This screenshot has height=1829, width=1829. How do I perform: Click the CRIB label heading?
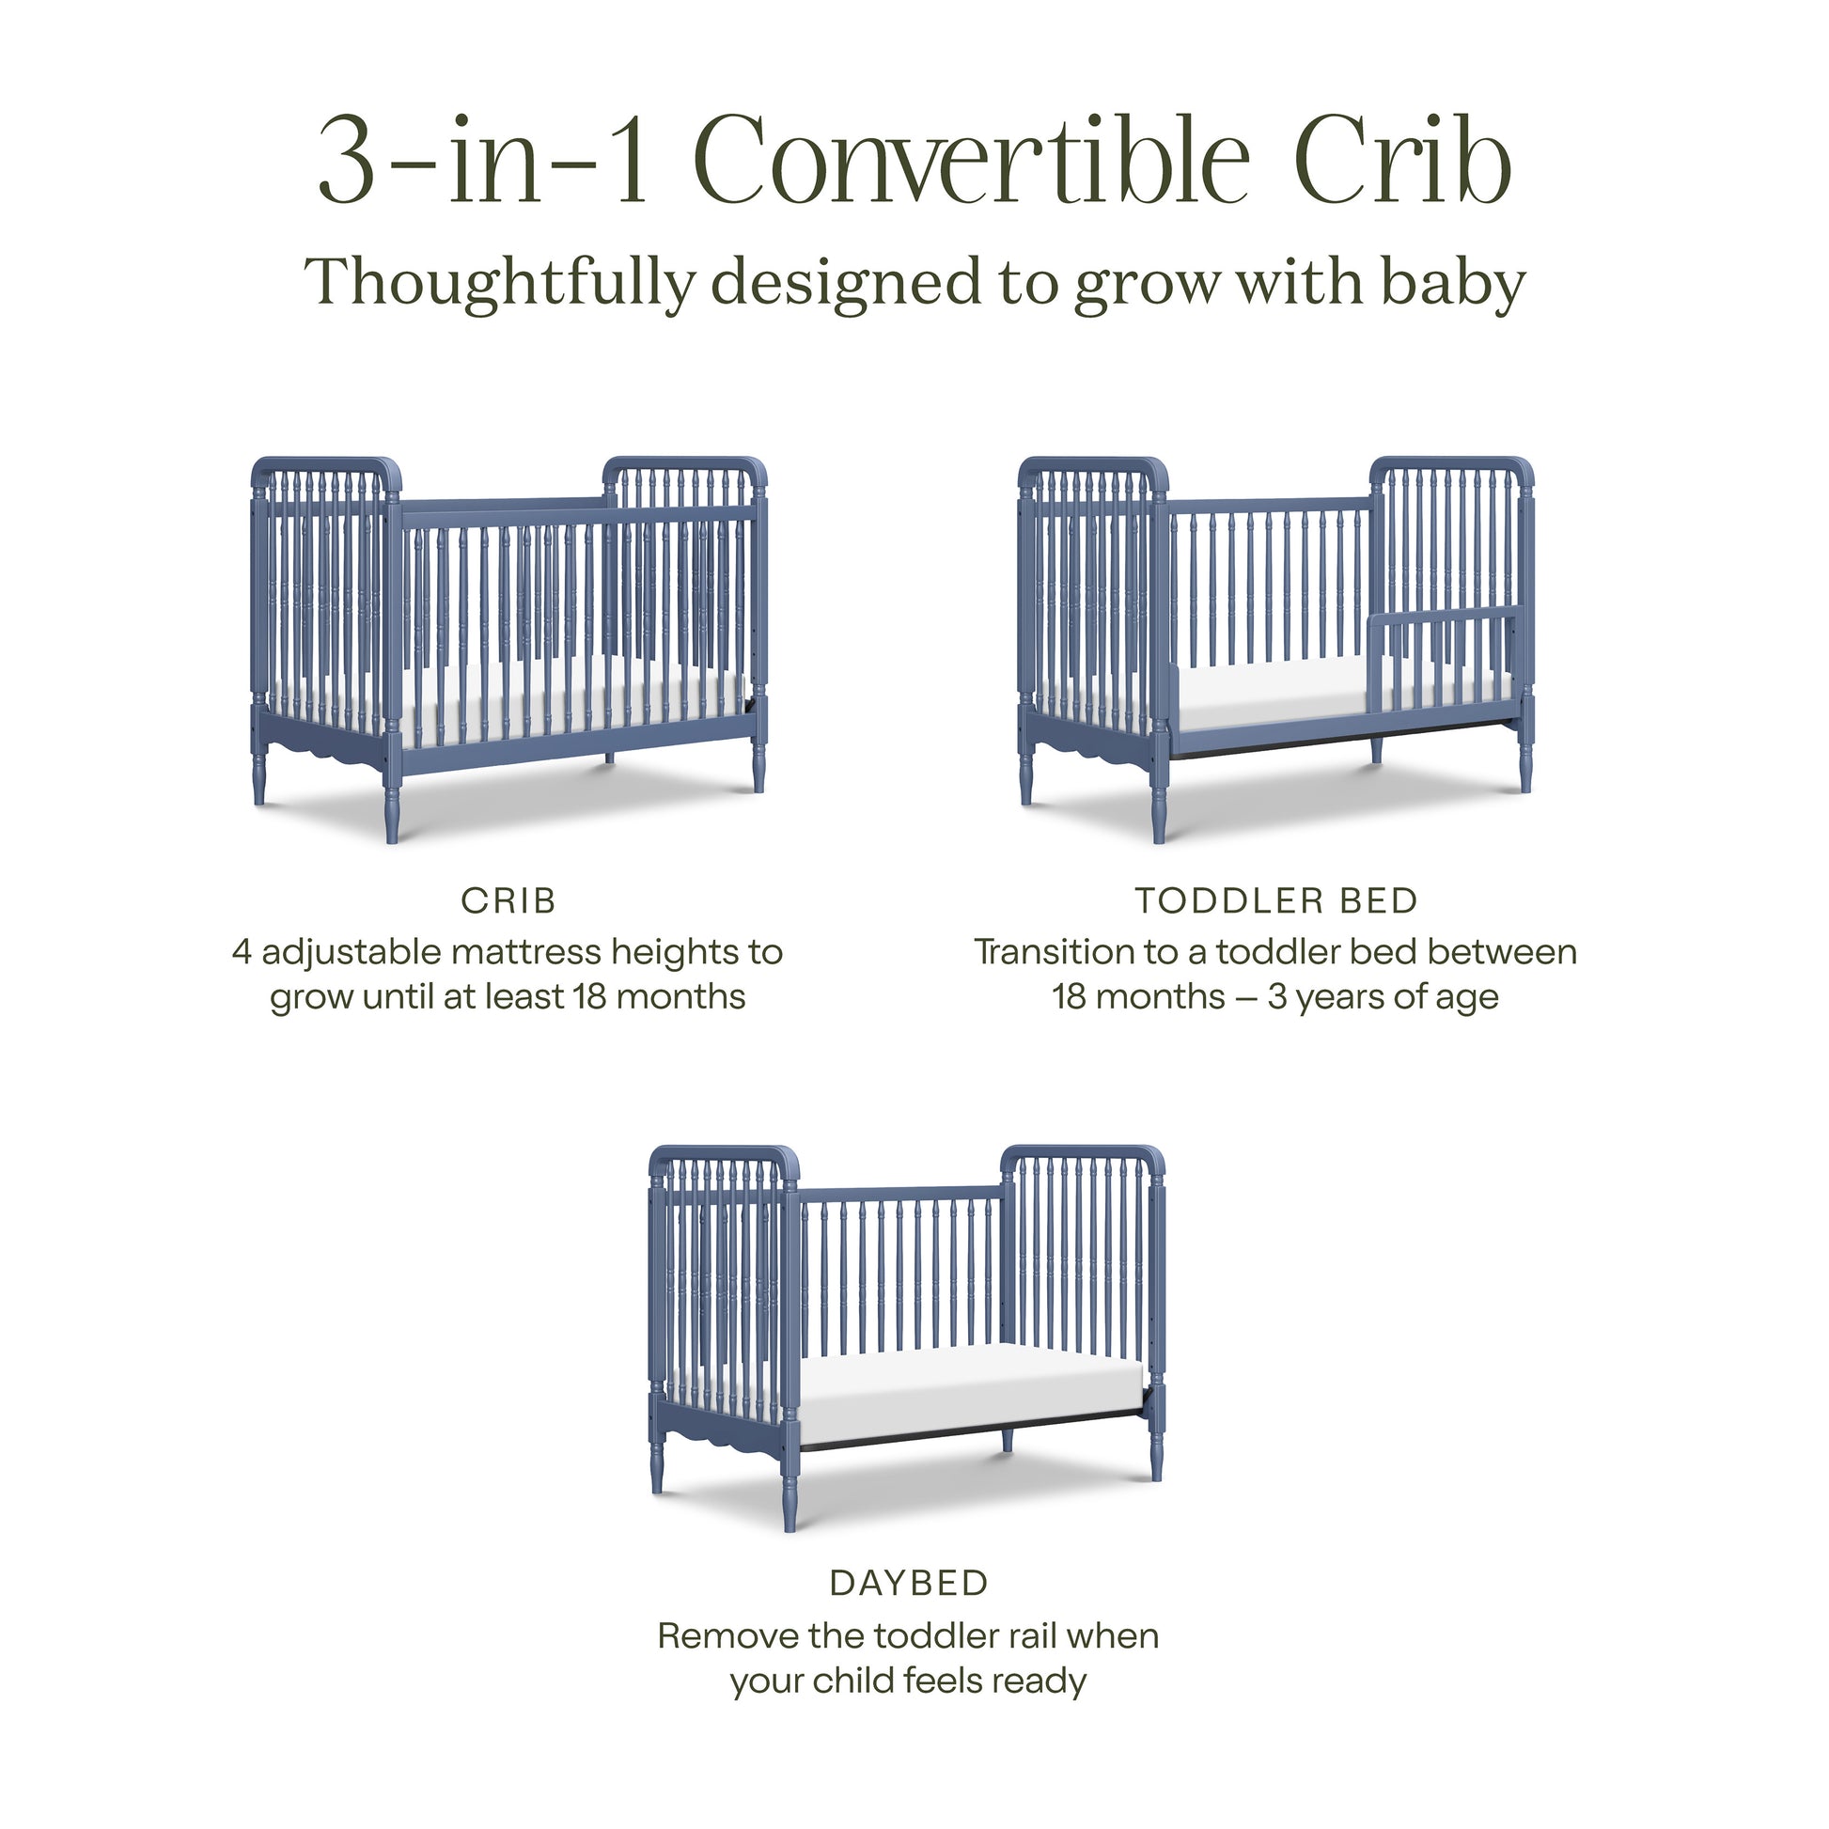tap(508, 901)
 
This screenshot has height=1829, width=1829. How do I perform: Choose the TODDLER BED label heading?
tap(1276, 901)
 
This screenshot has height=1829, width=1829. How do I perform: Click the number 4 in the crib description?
tap(242, 952)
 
